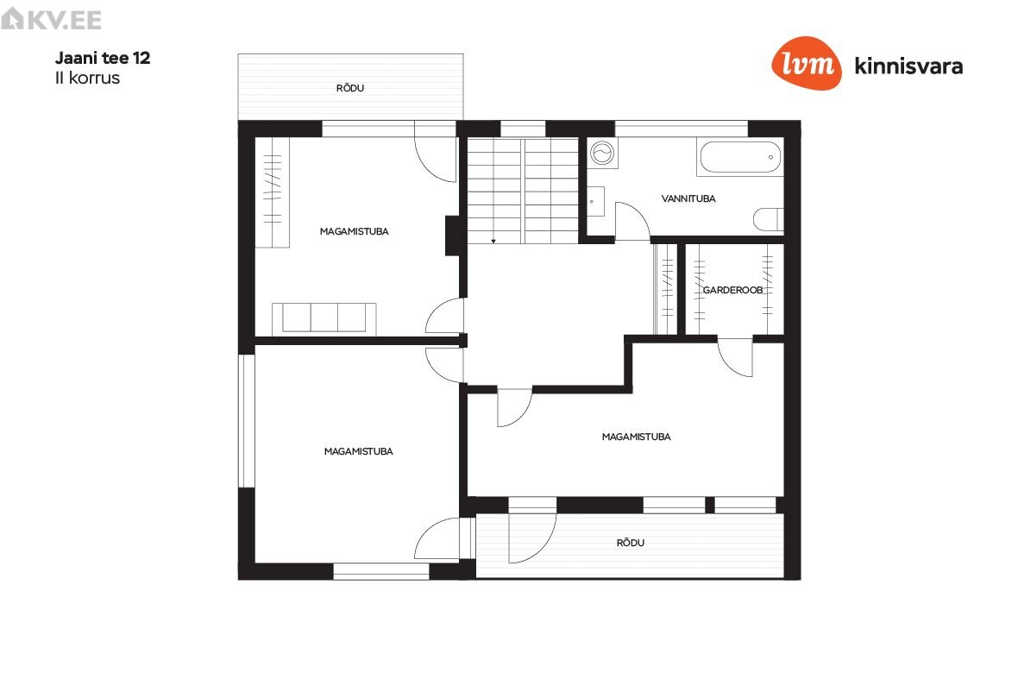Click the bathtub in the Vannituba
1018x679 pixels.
[x=740, y=157]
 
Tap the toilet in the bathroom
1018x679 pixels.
[x=769, y=219]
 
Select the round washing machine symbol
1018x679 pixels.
[x=602, y=154]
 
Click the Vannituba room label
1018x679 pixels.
[x=688, y=198]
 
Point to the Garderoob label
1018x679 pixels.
[x=733, y=290]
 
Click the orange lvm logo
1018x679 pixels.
[x=807, y=63]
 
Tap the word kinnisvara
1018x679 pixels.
[x=908, y=66]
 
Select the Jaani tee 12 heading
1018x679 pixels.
[x=103, y=58]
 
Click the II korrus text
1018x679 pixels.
[x=88, y=78]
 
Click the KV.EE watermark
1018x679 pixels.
[x=51, y=20]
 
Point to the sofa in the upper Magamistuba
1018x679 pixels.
[x=324, y=318]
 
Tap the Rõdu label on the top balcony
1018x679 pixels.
[x=350, y=88]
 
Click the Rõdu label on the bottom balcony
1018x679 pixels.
[x=631, y=543]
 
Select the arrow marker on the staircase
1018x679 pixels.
[x=493, y=241]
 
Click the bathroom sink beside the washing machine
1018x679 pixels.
[x=596, y=202]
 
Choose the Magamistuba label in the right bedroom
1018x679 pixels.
[x=637, y=437]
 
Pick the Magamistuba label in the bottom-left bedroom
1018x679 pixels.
[x=358, y=451]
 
